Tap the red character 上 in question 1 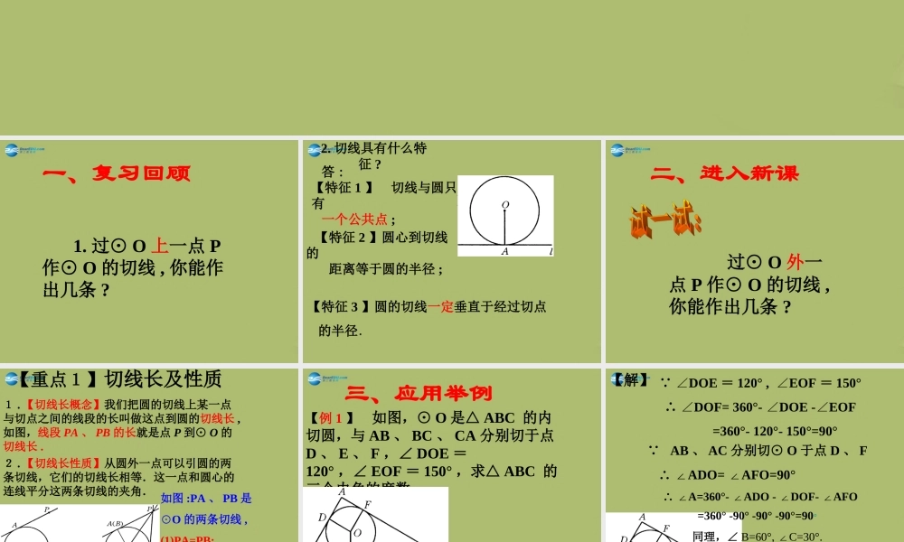pos(159,246)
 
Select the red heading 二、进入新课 pos(725,173)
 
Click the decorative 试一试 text pos(665,220)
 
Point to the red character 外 pos(796,263)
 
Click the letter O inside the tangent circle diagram pos(504,204)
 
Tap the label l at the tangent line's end pos(550,252)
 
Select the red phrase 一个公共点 pos(354,219)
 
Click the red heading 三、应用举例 pos(419,393)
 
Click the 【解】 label pos(631,380)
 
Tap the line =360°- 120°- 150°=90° pos(775,432)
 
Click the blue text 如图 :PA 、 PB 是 pos(206,498)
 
